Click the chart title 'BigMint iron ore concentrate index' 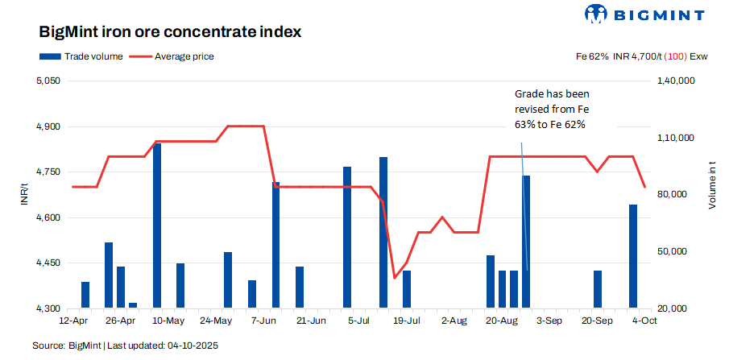(x=170, y=32)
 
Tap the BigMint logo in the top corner (x=644, y=14)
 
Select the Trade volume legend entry (x=81, y=56)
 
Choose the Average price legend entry (x=172, y=56)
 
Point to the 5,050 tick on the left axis (x=49, y=81)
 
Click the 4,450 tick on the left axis (x=49, y=263)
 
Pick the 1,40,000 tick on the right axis (x=676, y=81)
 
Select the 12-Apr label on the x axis (x=73, y=321)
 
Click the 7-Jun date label (x=263, y=321)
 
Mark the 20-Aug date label (x=502, y=321)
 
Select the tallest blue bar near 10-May (x=157, y=226)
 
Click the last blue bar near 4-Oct (x=633, y=256)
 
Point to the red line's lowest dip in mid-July (x=395, y=278)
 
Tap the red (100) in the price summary (x=675, y=56)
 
